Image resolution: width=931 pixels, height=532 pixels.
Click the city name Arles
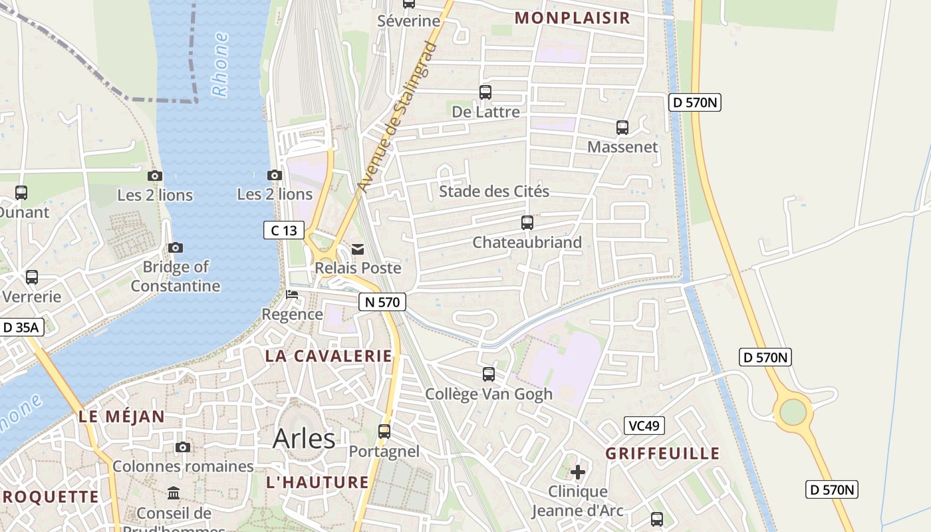(x=304, y=439)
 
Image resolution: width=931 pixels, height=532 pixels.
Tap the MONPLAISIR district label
(x=572, y=18)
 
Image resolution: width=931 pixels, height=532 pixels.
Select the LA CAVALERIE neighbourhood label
(x=329, y=356)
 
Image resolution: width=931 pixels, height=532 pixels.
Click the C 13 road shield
(x=284, y=231)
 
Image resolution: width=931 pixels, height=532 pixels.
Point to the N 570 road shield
(x=382, y=302)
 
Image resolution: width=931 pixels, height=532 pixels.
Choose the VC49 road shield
(x=644, y=426)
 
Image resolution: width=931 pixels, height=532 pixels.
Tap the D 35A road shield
(x=22, y=327)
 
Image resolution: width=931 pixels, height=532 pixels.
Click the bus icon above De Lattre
(x=485, y=92)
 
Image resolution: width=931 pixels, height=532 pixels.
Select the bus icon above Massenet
(x=622, y=127)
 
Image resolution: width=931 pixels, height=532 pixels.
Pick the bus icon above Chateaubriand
(x=527, y=223)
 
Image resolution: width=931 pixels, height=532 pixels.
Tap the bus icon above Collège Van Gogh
(x=489, y=374)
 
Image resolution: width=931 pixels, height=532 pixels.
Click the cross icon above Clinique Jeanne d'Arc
(x=578, y=472)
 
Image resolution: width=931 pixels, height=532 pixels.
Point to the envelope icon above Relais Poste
(x=358, y=249)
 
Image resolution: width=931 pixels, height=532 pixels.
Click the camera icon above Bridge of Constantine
(x=176, y=247)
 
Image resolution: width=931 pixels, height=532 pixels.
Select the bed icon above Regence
(x=292, y=295)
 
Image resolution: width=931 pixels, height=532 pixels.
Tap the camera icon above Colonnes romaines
(x=183, y=447)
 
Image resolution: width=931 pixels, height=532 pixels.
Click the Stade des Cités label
(x=494, y=192)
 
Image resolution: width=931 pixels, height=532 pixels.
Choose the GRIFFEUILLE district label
(x=662, y=454)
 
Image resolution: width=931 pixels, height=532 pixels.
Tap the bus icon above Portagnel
(x=384, y=432)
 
